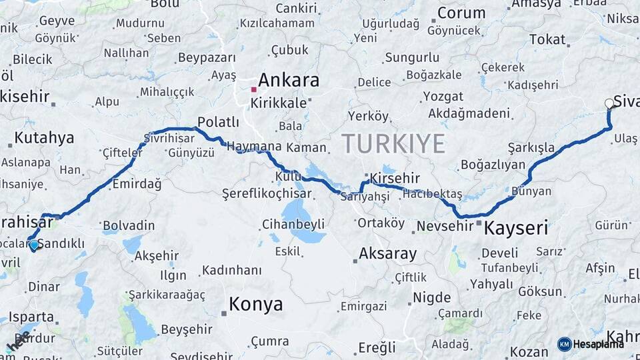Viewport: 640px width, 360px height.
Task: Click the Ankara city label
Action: point(288,81)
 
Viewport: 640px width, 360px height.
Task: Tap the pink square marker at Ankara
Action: point(253,89)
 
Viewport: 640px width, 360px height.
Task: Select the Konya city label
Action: point(255,305)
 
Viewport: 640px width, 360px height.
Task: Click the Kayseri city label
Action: point(516,229)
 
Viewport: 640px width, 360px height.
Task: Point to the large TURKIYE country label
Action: point(393,143)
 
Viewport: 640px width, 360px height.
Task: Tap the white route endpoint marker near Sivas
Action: point(609,103)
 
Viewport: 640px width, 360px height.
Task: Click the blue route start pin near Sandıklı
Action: point(34,245)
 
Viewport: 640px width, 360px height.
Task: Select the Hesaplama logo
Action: point(591,344)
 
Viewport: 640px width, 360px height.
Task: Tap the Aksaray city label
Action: point(387,253)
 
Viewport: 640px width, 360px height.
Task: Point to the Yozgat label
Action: point(443,97)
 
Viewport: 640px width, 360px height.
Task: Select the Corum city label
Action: point(461,13)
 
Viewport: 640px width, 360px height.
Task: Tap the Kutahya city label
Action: point(44,138)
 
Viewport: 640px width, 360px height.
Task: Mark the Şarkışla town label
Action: point(531,147)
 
